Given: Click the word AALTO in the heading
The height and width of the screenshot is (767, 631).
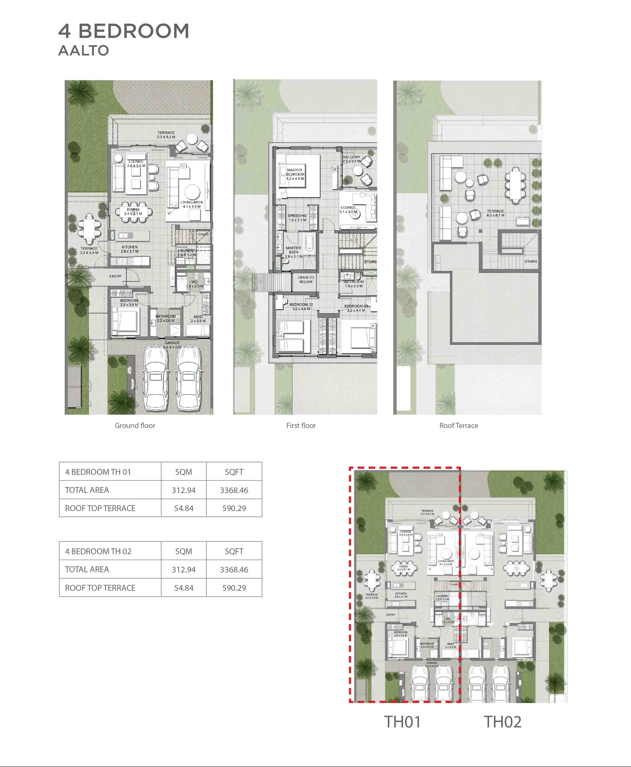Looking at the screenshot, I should point(84,51).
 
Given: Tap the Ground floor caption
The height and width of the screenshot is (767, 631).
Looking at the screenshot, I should point(135,425).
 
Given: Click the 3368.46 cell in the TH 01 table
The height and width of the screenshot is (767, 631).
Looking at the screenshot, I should point(234,490).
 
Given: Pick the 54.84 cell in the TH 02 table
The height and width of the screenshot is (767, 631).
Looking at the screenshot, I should point(183,588).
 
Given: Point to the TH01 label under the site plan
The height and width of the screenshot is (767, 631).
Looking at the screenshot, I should point(402,722).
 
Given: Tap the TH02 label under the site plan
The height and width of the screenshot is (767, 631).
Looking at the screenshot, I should point(502,722).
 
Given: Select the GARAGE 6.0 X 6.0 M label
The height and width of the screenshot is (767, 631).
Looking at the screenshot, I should point(172,345).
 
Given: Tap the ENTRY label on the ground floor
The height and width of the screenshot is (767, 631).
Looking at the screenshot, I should point(116,276).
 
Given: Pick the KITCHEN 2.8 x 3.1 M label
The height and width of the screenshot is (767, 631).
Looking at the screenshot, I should point(129,249).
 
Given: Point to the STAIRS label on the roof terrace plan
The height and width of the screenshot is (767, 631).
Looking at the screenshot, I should point(530,261).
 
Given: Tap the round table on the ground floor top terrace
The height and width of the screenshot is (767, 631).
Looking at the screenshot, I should point(191,139).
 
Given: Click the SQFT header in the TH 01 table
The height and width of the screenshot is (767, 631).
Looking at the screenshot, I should point(234,472).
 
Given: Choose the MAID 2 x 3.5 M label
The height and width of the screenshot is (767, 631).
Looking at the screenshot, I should point(198,318).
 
